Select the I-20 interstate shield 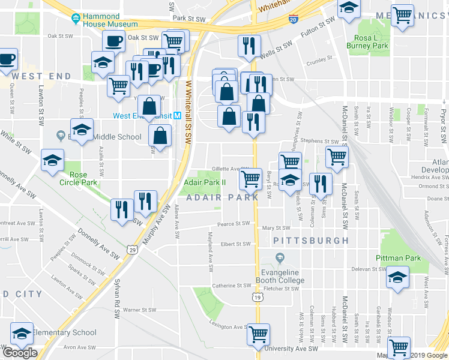(293, 20)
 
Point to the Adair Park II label (204, 182)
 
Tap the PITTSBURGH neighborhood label (311, 240)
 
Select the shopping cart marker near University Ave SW (259, 333)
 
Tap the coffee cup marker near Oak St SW (113, 41)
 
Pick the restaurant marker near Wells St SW (248, 45)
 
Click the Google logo (20, 353)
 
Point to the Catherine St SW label (231, 286)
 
